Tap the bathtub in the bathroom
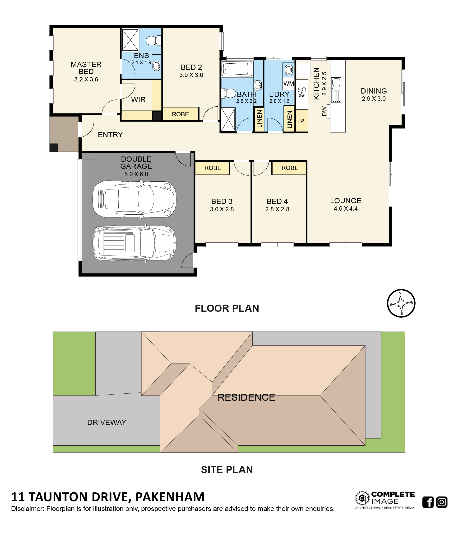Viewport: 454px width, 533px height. [237, 69]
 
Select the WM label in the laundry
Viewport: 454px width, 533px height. [288, 84]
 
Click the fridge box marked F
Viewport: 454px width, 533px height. [304, 70]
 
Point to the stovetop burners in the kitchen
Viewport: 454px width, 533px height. [302, 92]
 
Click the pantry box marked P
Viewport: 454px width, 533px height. [302, 121]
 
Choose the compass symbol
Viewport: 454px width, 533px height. [401, 303]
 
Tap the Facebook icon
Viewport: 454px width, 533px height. [428, 502]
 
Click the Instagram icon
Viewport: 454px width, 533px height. [442, 502]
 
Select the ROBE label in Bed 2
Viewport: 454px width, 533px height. [180, 114]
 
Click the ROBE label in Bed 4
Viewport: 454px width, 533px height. [290, 168]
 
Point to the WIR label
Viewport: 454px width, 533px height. [138, 99]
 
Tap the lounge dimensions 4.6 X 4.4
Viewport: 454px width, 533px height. [346, 209]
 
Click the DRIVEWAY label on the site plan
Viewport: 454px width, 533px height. [107, 422]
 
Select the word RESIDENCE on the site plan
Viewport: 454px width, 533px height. [246, 397]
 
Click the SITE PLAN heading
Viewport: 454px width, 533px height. [227, 470]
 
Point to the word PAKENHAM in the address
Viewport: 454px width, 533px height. [170, 497]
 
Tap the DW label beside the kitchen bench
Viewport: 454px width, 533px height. [324, 111]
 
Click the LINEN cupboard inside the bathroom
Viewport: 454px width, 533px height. [259, 119]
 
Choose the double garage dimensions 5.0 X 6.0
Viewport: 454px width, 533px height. [136, 174]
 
